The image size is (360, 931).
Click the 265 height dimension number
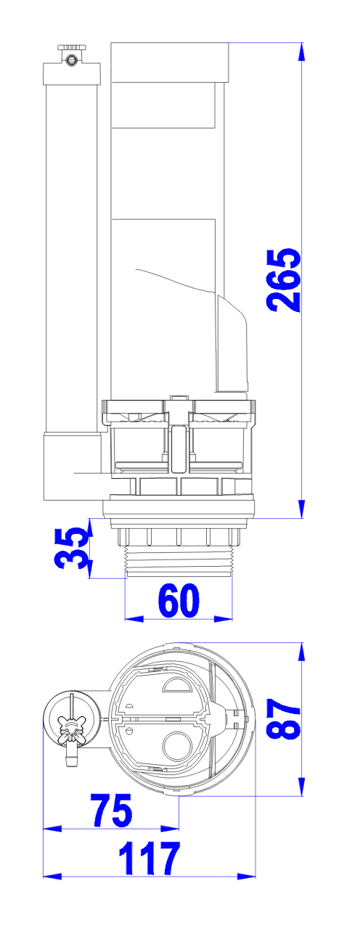click(x=285, y=280)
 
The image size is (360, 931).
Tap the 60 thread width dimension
click(x=179, y=600)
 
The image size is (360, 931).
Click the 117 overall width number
click(x=150, y=858)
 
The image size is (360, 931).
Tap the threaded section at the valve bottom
click(x=179, y=561)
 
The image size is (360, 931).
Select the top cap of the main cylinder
click(x=170, y=62)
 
